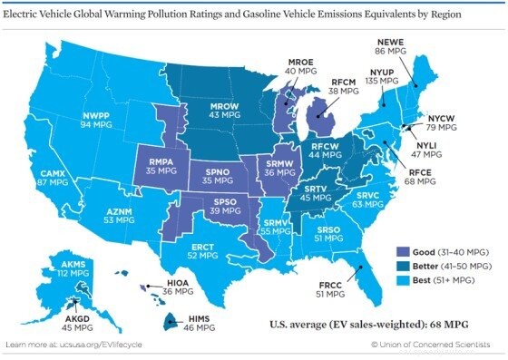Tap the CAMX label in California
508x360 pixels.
click(54, 177)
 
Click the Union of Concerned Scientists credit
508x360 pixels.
click(435, 345)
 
